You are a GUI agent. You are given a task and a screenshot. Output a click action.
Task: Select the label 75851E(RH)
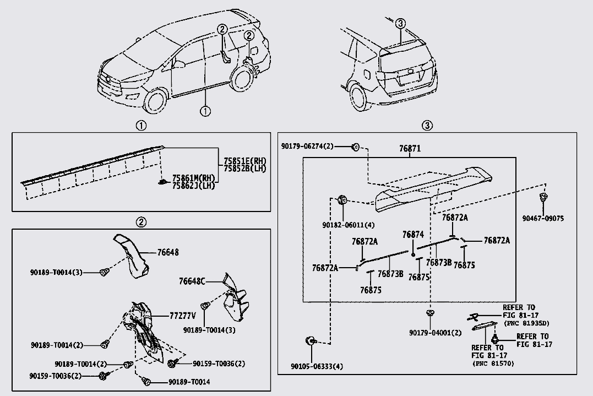[x=244, y=161]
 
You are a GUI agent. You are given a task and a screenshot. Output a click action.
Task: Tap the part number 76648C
[x=192, y=281]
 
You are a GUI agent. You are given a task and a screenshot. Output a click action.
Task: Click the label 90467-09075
[x=543, y=218]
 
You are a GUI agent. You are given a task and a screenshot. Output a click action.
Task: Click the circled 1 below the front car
[x=205, y=111]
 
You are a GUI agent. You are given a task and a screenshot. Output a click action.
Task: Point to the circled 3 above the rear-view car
[x=400, y=23]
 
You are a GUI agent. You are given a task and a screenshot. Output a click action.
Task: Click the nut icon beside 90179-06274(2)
[x=356, y=147]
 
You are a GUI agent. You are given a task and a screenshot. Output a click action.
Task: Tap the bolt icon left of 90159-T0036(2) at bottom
[x=103, y=376]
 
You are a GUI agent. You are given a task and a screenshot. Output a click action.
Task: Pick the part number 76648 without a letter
[x=167, y=252]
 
